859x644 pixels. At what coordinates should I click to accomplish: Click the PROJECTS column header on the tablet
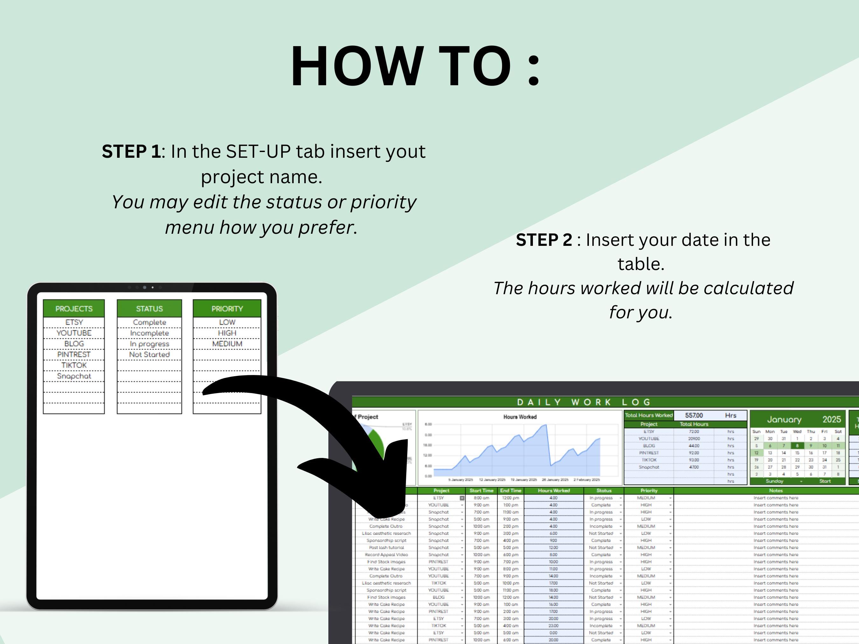(x=74, y=308)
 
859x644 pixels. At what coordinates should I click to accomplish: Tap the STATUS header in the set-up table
(x=149, y=308)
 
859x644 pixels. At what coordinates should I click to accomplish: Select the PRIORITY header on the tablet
(x=227, y=308)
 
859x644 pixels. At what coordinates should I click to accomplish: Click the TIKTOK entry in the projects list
(x=74, y=365)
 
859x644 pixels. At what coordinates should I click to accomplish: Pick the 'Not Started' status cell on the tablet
(x=149, y=354)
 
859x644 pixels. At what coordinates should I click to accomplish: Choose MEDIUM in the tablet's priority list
(x=227, y=344)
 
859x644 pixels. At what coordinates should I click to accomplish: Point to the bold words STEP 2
(x=544, y=240)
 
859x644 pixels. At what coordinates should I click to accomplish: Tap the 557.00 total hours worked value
(x=694, y=415)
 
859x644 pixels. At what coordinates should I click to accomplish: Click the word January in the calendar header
(x=784, y=419)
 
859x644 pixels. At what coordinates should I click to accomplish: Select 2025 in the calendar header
(x=831, y=419)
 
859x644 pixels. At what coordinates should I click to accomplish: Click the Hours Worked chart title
(x=520, y=417)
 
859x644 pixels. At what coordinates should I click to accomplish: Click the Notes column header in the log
(x=776, y=491)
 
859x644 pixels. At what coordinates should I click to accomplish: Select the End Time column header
(x=510, y=491)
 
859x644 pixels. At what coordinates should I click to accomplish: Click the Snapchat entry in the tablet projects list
(x=74, y=376)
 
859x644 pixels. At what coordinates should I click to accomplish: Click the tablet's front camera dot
(x=144, y=287)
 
